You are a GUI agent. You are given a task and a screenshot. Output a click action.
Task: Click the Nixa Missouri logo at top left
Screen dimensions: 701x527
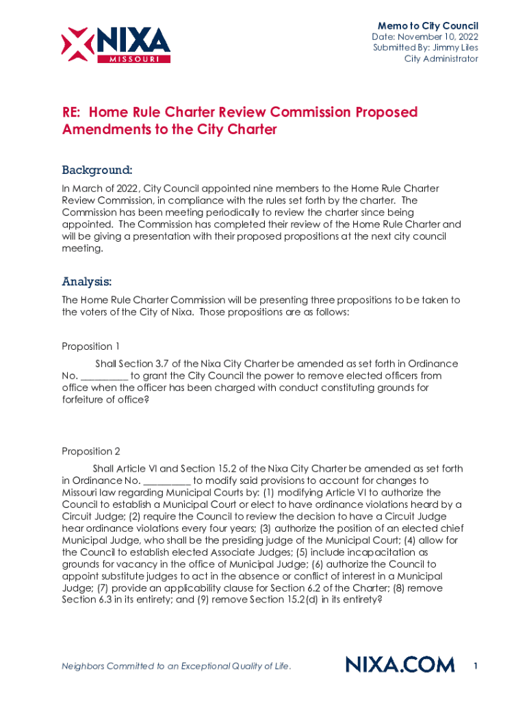point(116,44)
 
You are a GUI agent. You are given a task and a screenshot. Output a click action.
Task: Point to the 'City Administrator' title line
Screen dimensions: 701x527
point(441,59)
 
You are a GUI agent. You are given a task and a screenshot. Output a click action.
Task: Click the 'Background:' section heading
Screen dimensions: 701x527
point(97,169)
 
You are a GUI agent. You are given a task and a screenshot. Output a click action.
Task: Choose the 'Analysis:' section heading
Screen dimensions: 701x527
point(87,281)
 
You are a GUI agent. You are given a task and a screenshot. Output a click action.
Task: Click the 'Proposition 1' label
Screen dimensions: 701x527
point(91,346)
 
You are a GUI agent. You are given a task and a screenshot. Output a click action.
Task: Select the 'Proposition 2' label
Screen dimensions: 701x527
point(91,451)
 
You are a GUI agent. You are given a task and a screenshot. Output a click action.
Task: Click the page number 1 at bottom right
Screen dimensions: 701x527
point(476,665)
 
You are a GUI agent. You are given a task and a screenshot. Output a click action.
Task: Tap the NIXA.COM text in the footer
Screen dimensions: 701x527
point(400,665)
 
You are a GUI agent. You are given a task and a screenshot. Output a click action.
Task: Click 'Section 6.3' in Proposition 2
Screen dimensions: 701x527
point(88,600)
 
